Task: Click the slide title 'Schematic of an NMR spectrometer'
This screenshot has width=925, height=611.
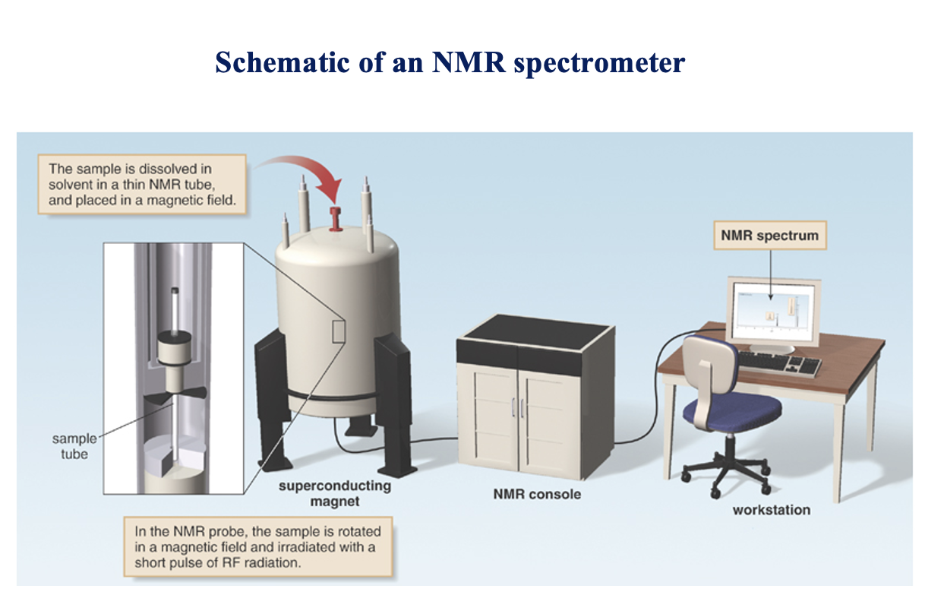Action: tap(450, 62)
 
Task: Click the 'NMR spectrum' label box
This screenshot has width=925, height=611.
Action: tap(769, 236)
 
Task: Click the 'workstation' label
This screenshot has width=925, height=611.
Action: tap(771, 509)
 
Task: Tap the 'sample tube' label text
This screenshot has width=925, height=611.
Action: tap(74, 446)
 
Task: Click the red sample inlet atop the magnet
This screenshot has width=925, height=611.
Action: tap(333, 214)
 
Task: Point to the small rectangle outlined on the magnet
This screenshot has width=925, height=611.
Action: tap(339, 333)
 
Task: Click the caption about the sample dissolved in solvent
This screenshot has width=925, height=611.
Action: tap(142, 184)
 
